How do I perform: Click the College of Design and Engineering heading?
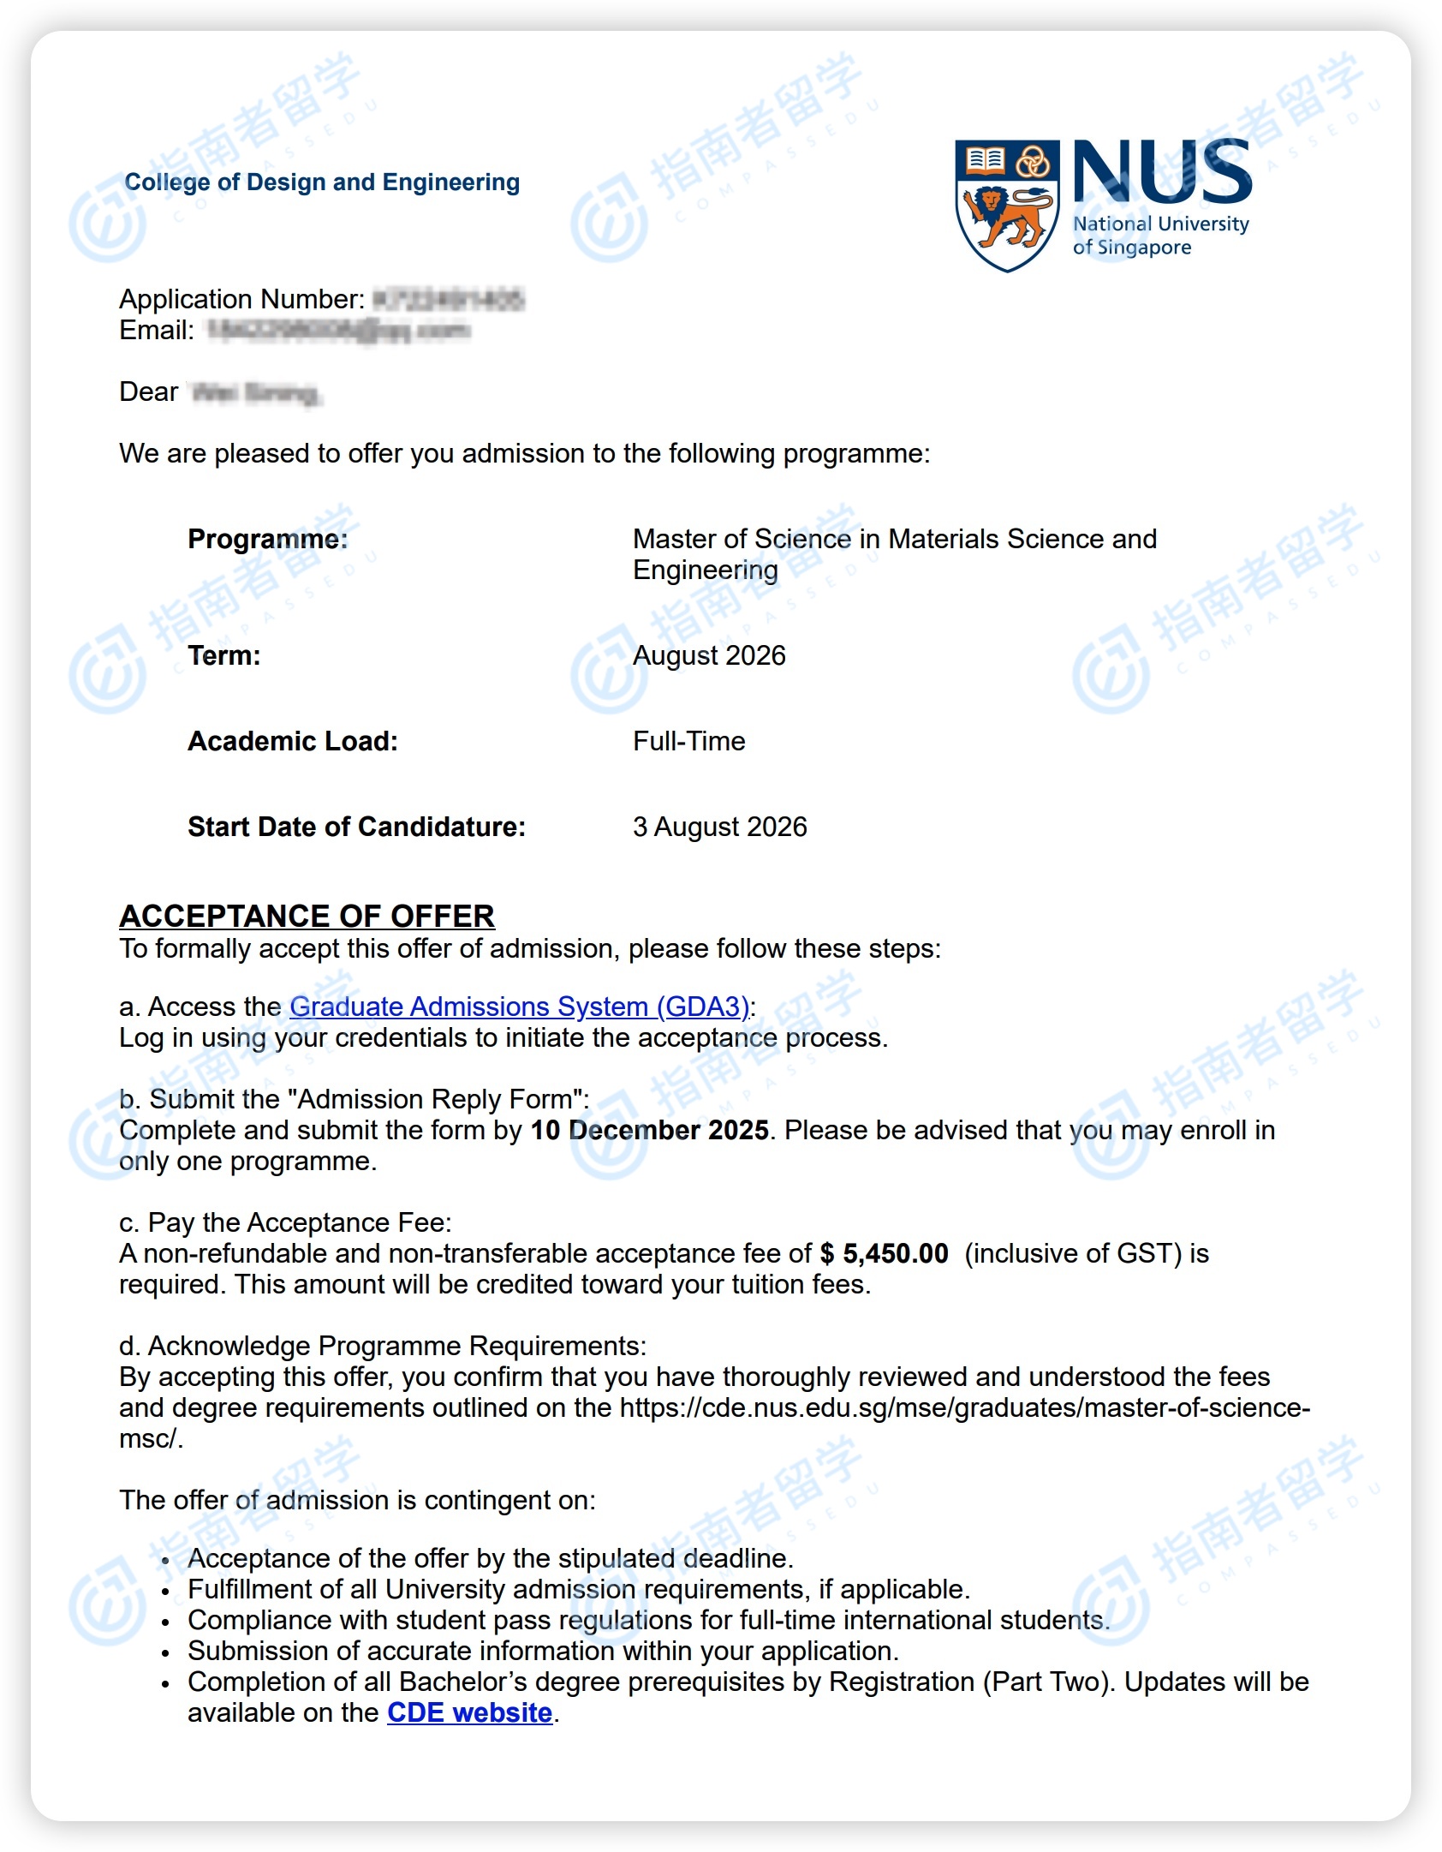(x=322, y=182)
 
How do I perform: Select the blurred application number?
(x=449, y=300)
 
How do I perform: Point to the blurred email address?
(x=338, y=331)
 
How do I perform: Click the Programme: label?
(x=268, y=539)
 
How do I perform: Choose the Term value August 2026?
(x=709, y=655)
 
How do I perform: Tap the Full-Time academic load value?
(x=689, y=741)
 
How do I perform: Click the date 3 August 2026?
(x=720, y=827)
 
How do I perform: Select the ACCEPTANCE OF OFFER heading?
(x=307, y=916)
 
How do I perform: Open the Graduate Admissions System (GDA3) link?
(x=519, y=1007)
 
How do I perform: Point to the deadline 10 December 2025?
(x=649, y=1130)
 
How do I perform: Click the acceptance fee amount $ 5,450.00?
(x=884, y=1253)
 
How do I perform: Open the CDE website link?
(x=469, y=1712)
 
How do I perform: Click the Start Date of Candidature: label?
(x=356, y=827)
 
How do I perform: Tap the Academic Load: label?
(x=293, y=741)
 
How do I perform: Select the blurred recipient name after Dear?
(x=255, y=393)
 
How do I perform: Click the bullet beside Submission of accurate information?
(x=165, y=1652)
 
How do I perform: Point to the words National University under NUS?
(x=1161, y=224)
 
